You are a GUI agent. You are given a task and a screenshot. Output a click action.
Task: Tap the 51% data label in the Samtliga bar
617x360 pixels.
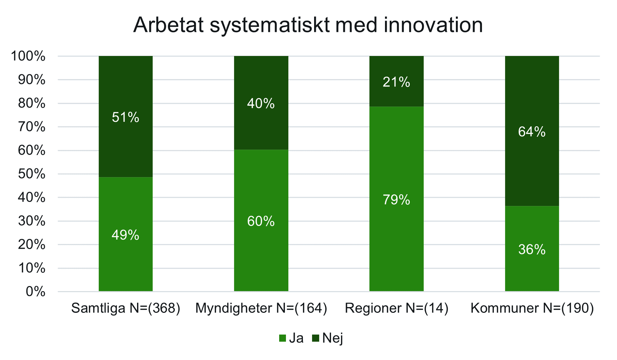126,117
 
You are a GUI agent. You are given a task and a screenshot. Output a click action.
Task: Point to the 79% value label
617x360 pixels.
396,200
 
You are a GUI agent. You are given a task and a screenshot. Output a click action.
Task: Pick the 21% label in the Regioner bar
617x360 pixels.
396,82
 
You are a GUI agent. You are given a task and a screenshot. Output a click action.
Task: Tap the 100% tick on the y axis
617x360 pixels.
28,56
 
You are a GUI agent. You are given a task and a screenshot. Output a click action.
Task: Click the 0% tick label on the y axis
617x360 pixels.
35,291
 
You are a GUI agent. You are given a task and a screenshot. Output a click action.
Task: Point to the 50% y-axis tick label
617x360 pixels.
32,174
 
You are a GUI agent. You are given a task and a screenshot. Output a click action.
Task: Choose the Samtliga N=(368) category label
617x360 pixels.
126,308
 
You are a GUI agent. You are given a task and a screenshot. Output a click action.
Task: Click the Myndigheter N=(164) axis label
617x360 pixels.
261,308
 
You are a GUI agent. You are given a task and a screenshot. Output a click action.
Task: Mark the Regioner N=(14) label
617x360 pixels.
396,308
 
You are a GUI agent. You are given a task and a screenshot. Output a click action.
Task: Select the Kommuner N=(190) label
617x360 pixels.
532,308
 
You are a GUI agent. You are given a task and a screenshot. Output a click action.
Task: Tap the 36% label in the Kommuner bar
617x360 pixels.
532,250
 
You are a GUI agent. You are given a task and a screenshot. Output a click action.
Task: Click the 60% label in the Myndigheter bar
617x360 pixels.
261,222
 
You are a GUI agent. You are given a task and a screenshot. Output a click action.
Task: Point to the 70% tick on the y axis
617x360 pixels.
32,127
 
